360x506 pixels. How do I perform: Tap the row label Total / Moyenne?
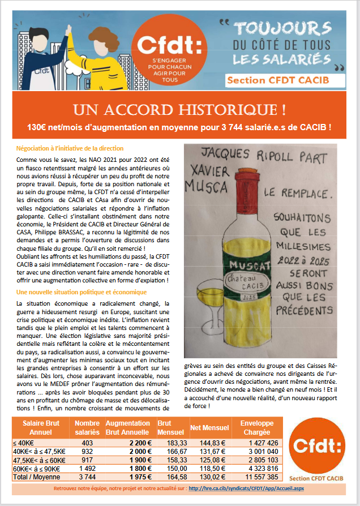[x=36, y=477]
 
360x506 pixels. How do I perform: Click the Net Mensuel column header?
[x=209, y=427]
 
